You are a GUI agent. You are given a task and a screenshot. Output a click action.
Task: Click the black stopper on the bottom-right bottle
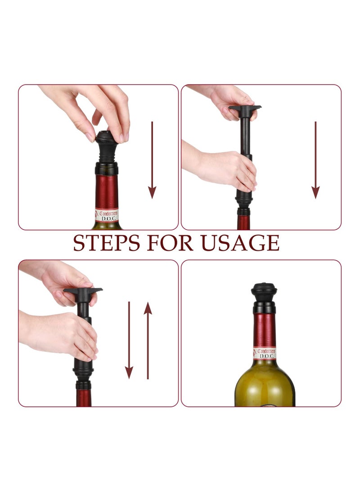click(264, 295)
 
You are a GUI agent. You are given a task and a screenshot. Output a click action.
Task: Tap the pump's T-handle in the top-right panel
click(245, 109)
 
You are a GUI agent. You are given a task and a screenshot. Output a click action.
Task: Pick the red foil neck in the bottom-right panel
click(264, 329)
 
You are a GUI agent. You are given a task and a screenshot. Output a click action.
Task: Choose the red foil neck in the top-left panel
click(107, 191)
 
